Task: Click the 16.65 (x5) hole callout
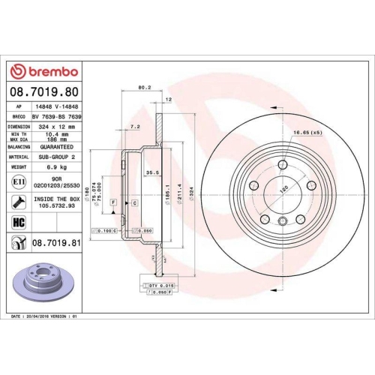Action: point(304,131)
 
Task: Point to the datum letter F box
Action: point(112,202)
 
